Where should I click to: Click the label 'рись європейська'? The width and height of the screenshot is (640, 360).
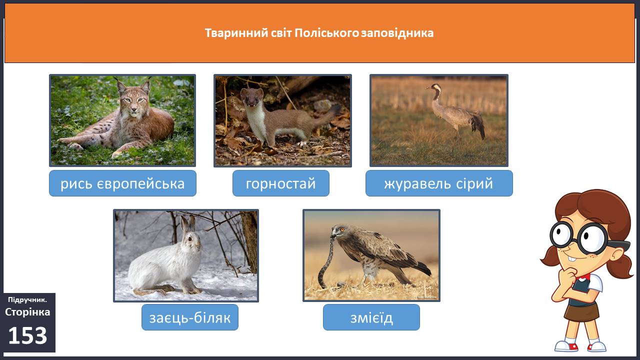click(x=122, y=183)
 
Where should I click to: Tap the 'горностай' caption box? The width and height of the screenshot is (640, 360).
click(x=281, y=183)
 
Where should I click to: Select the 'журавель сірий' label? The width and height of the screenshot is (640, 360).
click(x=439, y=183)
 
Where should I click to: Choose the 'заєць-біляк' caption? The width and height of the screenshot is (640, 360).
click(x=190, y=317)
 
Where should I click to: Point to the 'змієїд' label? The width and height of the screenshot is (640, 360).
click(x=371, y=317)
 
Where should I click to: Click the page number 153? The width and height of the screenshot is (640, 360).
click(x=27, y=335)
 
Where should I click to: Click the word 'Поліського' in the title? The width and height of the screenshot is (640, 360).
click(x=327, y=33)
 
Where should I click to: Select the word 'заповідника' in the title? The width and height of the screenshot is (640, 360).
click(x=397, y=33)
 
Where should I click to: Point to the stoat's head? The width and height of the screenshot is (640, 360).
click(x=252, y=97)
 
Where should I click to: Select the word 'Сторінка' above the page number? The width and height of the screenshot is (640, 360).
click(x=27, y=312)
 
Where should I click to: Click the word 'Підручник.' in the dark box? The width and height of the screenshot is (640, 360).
click(x=27, y=299)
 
